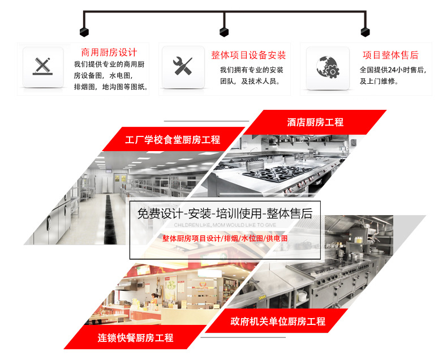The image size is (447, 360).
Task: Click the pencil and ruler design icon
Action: point(43,66)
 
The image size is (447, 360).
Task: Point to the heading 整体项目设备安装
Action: point(248,55)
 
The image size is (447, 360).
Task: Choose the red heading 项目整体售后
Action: point(390,55)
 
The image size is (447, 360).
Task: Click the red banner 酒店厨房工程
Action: point(315,122)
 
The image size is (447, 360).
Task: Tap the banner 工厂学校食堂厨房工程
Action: point(173,139)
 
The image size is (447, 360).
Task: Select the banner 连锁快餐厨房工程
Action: point(135,338)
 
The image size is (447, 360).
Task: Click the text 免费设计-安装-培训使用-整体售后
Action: point(225,214)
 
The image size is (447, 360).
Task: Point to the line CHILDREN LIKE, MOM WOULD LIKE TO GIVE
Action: point(225,225)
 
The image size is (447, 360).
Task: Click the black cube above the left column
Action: point(83,31)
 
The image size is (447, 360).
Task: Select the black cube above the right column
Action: point(363,31)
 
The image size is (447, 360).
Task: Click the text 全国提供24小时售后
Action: point(392,70)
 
